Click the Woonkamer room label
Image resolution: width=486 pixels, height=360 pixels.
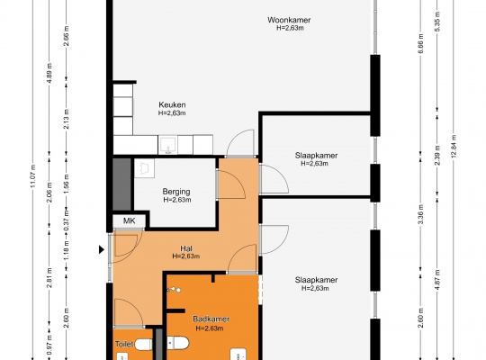click(289, 20)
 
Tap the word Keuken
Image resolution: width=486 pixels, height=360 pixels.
click(172, 104)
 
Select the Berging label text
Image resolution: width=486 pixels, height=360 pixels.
click(176, 192)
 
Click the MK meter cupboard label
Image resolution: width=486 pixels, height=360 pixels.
click(129, 220)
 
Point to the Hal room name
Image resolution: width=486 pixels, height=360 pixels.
click(186, 248)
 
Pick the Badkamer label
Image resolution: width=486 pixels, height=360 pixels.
click(211, 319)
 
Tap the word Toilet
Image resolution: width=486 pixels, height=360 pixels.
click(124, 344)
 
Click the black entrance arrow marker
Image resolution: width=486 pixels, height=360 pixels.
click(102, 249)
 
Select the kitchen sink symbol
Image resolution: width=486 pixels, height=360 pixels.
click(167, 145)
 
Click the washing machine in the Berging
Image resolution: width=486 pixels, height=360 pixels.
click(144, 168)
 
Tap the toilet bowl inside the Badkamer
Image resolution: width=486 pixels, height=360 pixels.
click(178, 344)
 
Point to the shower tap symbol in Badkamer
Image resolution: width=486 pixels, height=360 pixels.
click(174, 290)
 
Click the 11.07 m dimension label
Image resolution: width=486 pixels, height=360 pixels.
click(33, 176)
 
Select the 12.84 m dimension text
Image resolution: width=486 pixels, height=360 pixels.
click(454, 147)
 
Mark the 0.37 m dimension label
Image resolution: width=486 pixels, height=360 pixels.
click(66, 220)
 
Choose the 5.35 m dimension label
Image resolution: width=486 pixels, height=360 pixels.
click(437, 22)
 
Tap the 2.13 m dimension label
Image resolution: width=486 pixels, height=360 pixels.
click(66, 119)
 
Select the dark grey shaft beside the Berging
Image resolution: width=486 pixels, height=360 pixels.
click(121, 184)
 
